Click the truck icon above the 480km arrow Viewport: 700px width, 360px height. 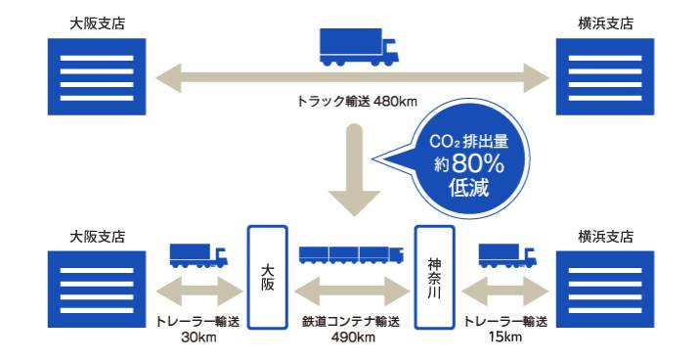(358, 46)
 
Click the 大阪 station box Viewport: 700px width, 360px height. (267, 277)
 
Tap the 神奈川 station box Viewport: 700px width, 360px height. (435, 277)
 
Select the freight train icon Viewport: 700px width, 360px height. (351, 253)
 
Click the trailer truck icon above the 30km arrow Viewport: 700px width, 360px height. (197, 254)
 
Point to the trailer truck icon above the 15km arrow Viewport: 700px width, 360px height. (506, 254)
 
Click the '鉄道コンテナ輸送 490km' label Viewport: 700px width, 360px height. (351, 330)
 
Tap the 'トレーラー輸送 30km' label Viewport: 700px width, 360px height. (197, 330)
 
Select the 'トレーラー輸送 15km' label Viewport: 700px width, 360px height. (505, 330)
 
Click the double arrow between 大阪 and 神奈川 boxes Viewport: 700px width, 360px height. (351, 290)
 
